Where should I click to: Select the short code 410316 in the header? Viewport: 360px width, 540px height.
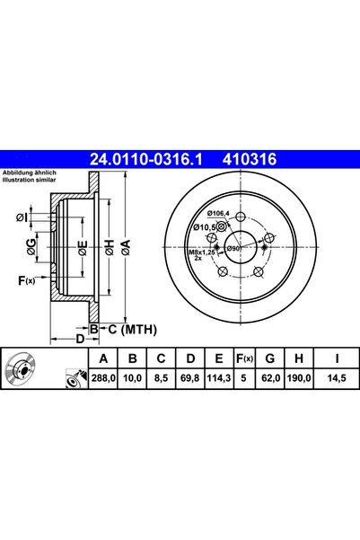(x=243, y=159)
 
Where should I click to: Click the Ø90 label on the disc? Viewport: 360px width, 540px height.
(x=234, y=247)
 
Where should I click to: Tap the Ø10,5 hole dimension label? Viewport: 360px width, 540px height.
(x=206, y=228)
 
